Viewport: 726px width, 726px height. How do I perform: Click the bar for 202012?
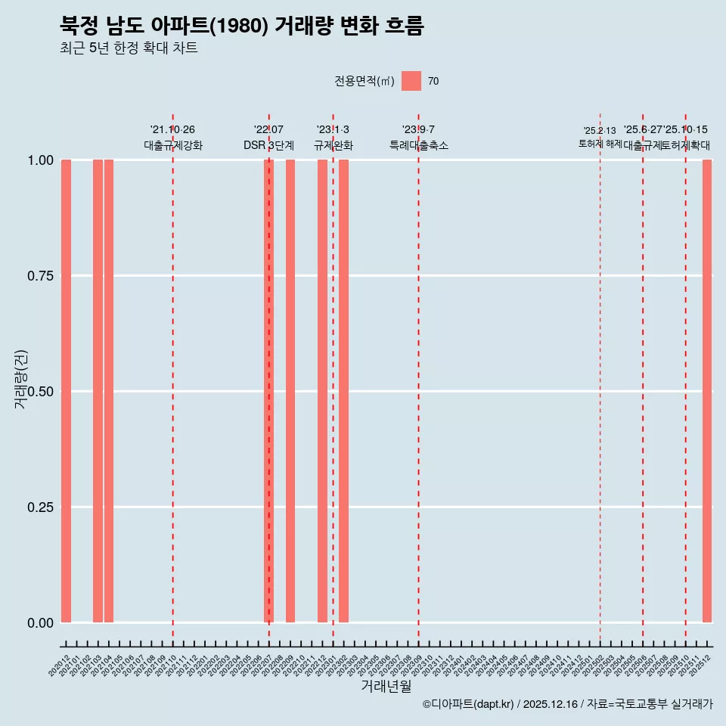66,391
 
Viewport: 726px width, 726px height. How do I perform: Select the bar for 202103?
98,391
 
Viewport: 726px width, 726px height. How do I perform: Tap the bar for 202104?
109,391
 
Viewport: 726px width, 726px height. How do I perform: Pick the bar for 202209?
290,391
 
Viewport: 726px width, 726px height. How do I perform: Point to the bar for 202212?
322,391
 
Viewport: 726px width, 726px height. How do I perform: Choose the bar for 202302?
343,391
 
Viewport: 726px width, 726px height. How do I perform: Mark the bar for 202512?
707,391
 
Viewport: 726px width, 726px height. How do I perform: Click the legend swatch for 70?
411,81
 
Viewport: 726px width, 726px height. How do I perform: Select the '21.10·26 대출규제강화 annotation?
173,138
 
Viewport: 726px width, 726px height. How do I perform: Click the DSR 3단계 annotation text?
268,145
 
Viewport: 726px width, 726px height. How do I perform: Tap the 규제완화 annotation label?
333,145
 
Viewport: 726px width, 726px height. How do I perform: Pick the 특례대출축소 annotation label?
418,145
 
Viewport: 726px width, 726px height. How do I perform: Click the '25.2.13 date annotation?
600,131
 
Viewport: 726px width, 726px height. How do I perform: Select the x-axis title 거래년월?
386,687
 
